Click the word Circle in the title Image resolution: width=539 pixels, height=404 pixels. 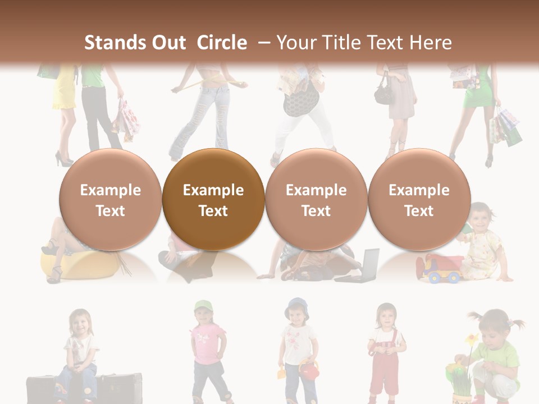click(222, 43)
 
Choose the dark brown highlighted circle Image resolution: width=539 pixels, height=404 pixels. click(213, 200)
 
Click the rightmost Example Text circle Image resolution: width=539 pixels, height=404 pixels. click(419, 200)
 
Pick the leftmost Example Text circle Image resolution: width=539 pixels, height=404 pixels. click(110, 200)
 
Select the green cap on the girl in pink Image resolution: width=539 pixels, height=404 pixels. click(204, 306)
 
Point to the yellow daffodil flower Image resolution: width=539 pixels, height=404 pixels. click(472, 339)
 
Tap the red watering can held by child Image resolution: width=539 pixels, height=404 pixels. click(308, 369)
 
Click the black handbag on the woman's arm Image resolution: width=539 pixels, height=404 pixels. click(385, 93)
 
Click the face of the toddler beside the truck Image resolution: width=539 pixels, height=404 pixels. click(480, 215)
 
